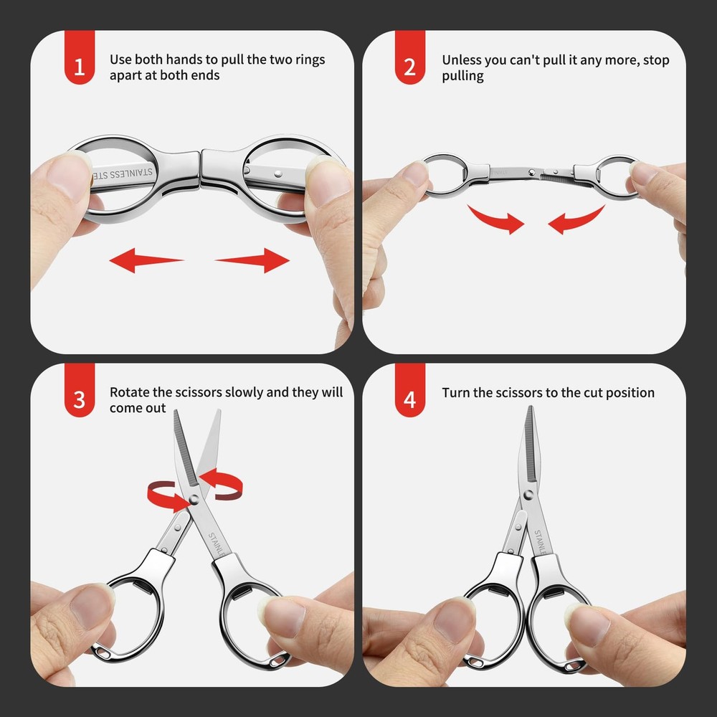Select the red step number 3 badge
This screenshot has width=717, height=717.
pyautogui.click(x=79, y=399)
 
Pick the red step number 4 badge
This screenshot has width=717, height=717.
pyautogui.click(x=409, y=399)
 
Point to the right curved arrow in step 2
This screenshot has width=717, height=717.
pyautogui.click(x=577, y=218)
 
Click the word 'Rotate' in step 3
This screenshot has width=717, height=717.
pyautogui.click(x=129, y=392)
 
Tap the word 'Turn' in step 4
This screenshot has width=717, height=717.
pyautogui.click(x=456, y=392)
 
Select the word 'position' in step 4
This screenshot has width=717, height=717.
pyautogui.click(x=629, y=393)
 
